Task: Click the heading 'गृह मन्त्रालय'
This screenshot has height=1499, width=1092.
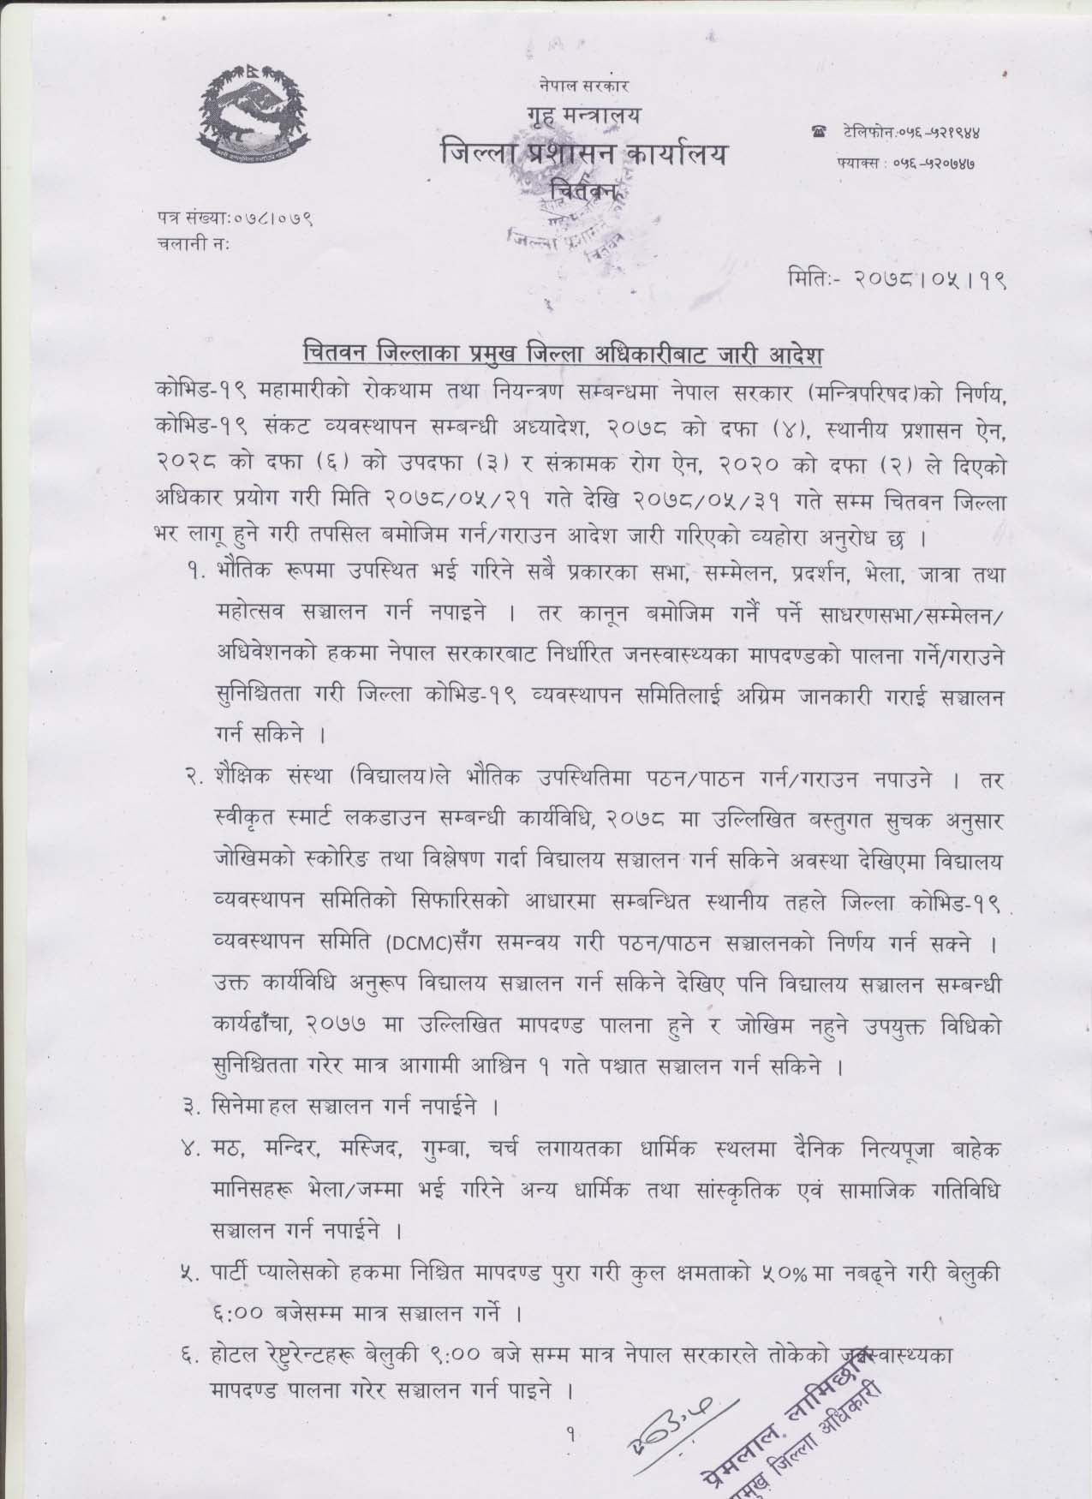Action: coord(582,117)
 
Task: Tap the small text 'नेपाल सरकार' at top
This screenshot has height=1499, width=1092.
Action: coord(585,86)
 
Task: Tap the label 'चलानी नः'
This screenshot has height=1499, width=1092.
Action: coord(194,242)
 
